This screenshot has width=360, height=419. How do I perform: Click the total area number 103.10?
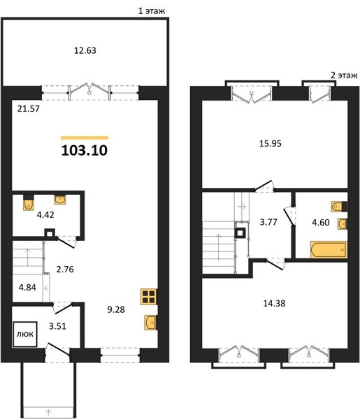[85, 150]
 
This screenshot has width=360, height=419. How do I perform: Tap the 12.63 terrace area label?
[85, 50]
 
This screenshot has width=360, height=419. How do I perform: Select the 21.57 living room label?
[29, 109]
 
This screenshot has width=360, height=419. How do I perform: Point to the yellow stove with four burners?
[149, 297]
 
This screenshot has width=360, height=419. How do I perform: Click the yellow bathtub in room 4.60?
[329, 250]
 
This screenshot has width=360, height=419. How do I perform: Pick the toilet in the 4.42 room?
[28, 204]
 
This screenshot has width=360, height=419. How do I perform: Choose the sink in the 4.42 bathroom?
[60, 200]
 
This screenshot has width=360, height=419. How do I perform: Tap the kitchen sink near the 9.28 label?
[150, 323]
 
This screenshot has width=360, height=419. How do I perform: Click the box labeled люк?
[25, 334]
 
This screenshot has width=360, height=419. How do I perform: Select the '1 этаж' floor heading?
[152, 11]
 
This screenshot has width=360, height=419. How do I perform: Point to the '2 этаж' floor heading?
[344, 75]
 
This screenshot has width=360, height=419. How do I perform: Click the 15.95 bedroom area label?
[271, 144]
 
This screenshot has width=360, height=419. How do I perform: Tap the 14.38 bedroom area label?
[275, 304]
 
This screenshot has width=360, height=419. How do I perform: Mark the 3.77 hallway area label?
[268, 222]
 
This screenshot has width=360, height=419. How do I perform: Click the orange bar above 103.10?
[85, 138]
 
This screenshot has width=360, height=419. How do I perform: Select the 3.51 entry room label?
[57, 326]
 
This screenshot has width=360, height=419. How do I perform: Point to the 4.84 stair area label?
[27, 288]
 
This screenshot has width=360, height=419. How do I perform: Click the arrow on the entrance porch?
[49, 411]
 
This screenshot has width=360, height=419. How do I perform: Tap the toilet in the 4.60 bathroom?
[339, 206]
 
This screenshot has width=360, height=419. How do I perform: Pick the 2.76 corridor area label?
[65, 269]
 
